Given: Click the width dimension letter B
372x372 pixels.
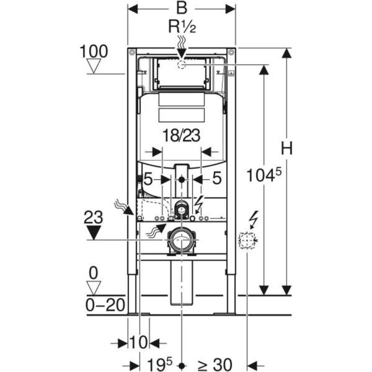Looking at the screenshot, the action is click(182, 8).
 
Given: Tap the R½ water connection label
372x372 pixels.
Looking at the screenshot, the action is click(182, 26).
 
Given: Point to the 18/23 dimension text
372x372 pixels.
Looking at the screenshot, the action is click(182, 135).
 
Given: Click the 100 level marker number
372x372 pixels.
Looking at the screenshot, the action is click(94, 51).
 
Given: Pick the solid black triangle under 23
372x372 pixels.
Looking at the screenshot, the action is click(94, 232).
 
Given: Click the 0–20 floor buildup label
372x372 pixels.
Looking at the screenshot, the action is click(105, 305).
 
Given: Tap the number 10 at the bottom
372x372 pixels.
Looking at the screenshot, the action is click(138, 342).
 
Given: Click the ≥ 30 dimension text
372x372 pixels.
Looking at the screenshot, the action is click(215, 365).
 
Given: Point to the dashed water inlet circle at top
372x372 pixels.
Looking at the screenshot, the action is click(182, 64).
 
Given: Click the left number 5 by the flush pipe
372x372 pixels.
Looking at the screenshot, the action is click(148, 179).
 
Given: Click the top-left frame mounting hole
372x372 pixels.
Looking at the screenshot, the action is click(132, 51).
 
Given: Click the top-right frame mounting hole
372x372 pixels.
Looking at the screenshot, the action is click(231, 51).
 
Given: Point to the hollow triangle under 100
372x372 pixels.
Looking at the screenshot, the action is click(94, 66).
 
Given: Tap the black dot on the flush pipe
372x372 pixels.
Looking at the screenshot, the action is click(182, 180).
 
